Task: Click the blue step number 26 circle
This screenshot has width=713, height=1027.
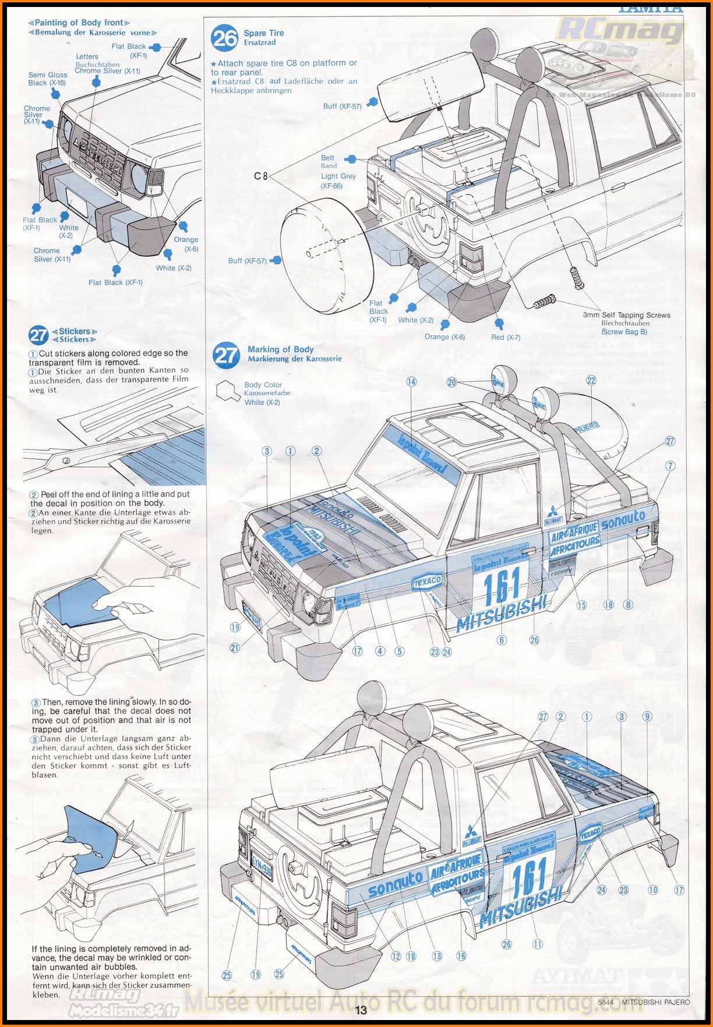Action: click(225, 38)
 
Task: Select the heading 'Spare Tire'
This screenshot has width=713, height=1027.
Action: click(264, 33)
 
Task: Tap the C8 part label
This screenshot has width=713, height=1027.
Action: click(261, 175)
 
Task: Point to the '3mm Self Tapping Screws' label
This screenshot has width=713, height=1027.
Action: click(626, 315)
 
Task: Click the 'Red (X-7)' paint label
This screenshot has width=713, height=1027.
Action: click(506, 337)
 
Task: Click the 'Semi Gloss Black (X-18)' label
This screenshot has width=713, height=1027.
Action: click(47, 79)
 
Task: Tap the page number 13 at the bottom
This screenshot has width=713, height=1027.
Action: click(361, 1010)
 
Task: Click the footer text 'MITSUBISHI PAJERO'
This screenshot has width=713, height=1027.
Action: click(656, 1002)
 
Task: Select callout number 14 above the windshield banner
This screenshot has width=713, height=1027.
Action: click(412, 382)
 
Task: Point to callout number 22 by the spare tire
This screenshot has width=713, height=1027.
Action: click(591, 380)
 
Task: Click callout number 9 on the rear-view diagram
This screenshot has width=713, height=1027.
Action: click(647, 717)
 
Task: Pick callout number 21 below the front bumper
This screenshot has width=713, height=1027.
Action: click(235, 647)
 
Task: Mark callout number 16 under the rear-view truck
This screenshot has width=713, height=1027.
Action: click(461, 955)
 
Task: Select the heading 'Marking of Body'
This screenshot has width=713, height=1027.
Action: click(280, 349)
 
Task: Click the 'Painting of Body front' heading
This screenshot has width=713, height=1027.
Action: click(79, 23)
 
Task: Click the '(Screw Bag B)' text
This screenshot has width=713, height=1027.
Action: click(624, 331)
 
